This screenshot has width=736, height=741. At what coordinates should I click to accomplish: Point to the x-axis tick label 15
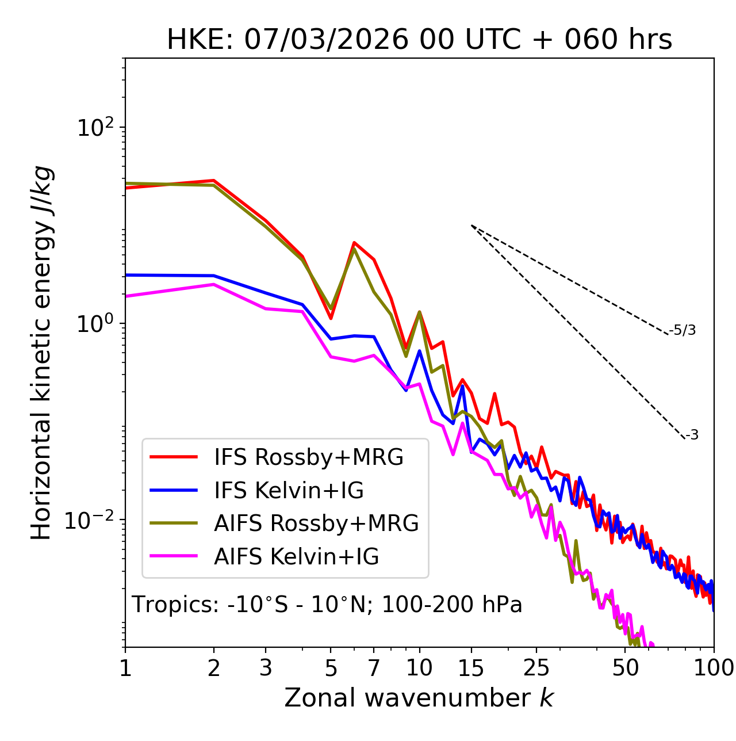pos(471,668)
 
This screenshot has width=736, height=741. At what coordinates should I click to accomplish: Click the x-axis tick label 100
pos(714,668)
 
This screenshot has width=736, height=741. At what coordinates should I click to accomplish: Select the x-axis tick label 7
pos(374,668)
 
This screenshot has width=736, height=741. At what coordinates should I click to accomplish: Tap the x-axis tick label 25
pos(536,668)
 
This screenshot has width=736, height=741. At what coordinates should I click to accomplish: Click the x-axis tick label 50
pos(626,668)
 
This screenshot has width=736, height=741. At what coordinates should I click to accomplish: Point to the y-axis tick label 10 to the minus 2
pos(92,520)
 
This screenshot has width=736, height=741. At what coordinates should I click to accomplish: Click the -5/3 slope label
pos(683,330)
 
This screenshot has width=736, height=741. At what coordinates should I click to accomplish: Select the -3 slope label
pos(692,436)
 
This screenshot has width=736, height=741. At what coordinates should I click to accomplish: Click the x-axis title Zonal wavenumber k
pos(419,698)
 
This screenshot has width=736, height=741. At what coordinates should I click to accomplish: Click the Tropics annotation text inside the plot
pos(327,605)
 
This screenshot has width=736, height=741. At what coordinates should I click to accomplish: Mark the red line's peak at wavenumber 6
pos(354,243)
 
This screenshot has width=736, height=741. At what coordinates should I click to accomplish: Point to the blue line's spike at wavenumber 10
pos(420,350)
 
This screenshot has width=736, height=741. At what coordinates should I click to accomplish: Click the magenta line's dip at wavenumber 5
pos(331,357)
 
